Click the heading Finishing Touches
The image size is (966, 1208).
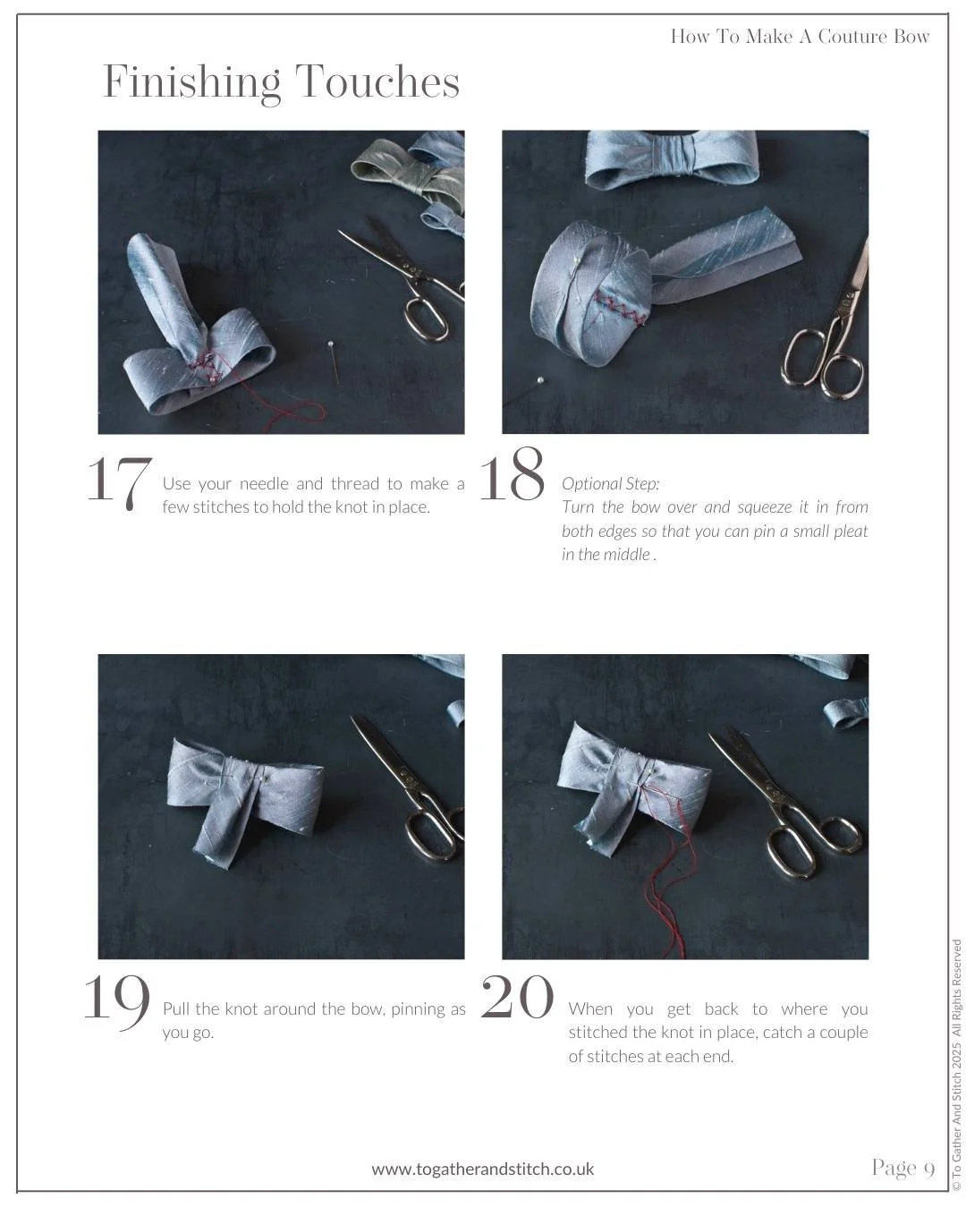[x=281, y=82]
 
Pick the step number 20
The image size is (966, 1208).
[x=517, y=997]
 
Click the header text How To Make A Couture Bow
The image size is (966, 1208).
[x=800, y=37]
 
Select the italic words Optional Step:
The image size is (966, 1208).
[x=610, y=483]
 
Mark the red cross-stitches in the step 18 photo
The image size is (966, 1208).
[x=620, y=310]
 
